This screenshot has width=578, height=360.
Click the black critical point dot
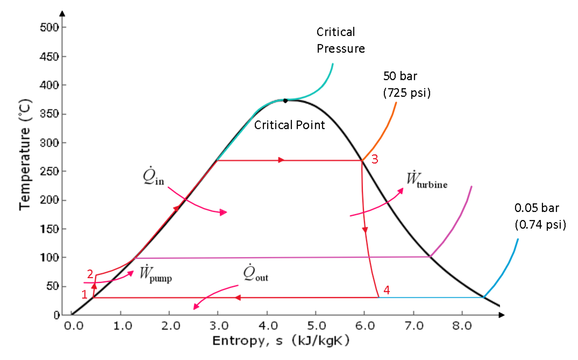tap(286, 100)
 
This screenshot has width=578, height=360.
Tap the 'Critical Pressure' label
tap(340, 40)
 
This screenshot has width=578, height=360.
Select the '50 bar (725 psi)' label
tap(407, 83)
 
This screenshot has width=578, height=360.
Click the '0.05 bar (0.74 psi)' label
tap(540, 216)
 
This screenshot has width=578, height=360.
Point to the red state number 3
tap(375, 159)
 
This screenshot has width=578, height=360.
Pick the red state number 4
tap(387, 291)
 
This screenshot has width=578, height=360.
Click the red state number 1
tap(84, 294)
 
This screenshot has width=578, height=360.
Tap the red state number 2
tap(90, 273)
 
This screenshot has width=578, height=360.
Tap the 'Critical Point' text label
tap(290, 125)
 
